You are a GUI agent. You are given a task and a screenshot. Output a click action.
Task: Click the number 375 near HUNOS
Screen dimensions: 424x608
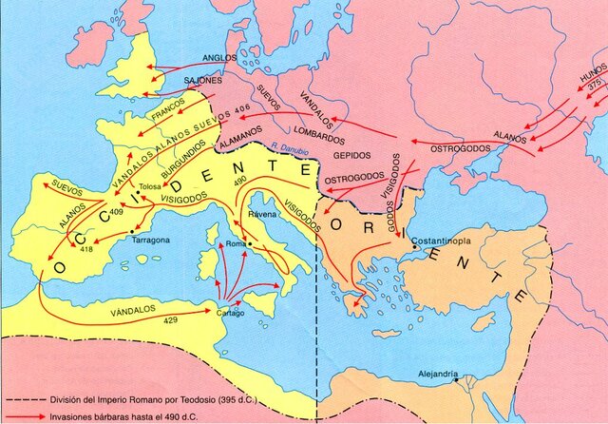[x=594, y=85]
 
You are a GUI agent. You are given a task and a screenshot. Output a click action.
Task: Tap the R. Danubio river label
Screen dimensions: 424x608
[x=289, y=145]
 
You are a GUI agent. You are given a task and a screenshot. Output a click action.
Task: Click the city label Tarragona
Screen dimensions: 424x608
[x=150, y=241]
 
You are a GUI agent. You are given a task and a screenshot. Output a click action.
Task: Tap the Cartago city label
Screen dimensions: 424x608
[x=232, y=313]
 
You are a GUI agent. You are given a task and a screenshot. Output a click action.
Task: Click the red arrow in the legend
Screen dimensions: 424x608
[x=22, y=414]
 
